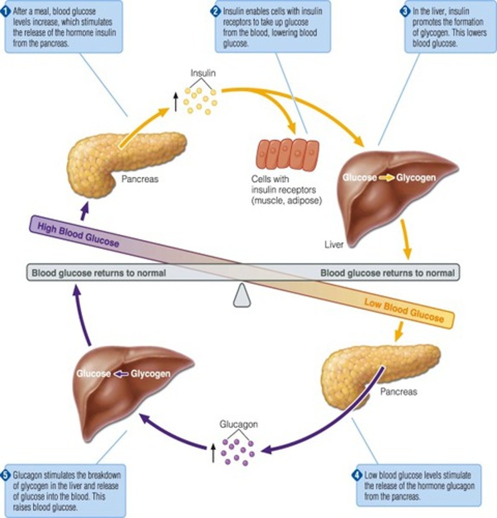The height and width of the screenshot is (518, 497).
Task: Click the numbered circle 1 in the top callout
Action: pos(6,11)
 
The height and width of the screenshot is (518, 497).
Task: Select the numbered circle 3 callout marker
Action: pos(405,11)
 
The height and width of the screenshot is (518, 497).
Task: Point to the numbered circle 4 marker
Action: pos(356,476)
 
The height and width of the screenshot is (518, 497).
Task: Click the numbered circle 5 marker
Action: pos(6,476)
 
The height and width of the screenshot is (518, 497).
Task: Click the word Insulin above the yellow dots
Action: pos(203,73)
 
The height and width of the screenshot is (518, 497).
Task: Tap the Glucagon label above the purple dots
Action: pos(239,424)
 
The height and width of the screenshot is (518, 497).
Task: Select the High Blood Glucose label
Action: pos(78,234)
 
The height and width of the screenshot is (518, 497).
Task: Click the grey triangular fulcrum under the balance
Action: pos(242,296)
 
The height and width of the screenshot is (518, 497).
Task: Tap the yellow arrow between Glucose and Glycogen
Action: pos(387,177)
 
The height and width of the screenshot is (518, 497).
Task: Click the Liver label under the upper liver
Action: pos(334,245)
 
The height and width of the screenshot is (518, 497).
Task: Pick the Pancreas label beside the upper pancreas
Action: pos(140,179)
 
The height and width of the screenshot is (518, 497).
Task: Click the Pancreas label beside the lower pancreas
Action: pos(399,392)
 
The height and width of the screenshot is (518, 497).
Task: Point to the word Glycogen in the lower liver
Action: pos(150,374)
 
